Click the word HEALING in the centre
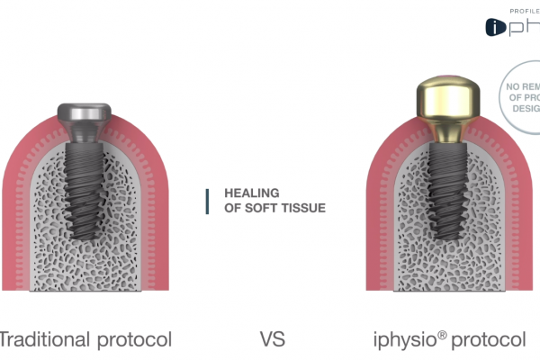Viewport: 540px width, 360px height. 251,193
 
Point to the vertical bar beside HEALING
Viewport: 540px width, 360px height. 208,201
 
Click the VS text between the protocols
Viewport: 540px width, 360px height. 273,340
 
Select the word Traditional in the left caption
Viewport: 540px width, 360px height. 42,340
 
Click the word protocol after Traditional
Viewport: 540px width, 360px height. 132,340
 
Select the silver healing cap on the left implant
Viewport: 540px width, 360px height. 84,116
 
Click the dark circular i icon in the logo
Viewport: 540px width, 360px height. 496,28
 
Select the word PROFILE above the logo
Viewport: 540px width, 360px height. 524,9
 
